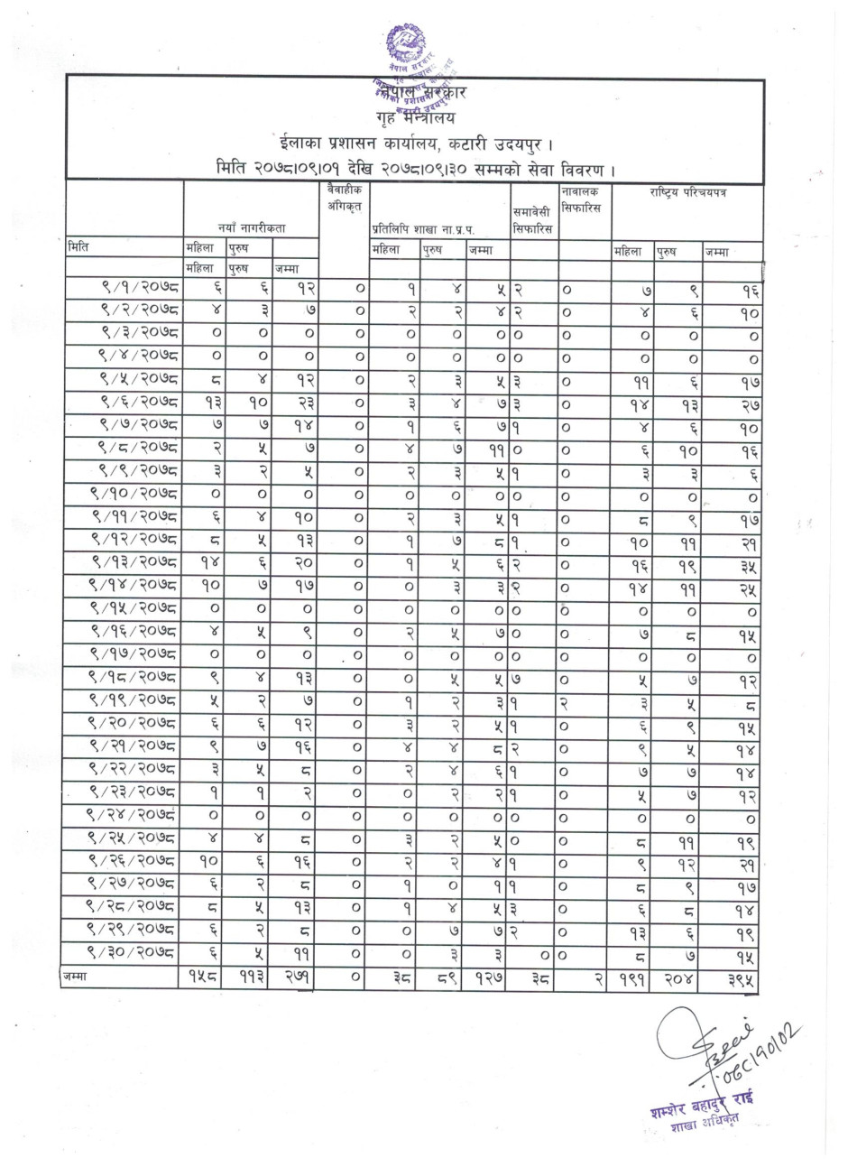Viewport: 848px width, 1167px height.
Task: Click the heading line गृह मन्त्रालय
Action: (416, 116)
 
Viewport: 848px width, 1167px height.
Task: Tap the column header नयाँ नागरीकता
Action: (251, 229)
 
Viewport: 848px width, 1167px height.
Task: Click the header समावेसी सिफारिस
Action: (533, 219)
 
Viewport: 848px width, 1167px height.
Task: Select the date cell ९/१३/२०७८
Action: (134, 564)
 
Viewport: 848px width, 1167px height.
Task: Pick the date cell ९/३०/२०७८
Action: (134, 951)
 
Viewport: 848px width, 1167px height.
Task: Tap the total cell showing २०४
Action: (677, 975)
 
